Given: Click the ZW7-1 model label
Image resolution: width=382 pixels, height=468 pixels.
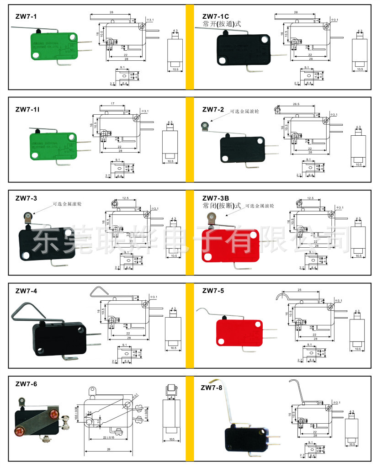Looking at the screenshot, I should (26, 17).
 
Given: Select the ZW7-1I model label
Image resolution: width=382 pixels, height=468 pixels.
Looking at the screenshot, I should (27, 109).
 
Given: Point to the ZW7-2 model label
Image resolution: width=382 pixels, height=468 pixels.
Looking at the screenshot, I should (213, 109).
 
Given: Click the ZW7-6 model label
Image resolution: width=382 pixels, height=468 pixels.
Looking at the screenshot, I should (26, 383).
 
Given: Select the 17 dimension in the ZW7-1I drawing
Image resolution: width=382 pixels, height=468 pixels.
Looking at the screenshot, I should (112, 104).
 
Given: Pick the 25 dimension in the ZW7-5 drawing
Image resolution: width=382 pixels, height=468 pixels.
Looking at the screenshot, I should (298, 290).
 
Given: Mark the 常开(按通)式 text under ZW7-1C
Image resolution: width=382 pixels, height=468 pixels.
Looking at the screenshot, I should (222, 24).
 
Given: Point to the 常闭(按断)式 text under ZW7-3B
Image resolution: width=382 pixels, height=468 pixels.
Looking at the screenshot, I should (222, 206).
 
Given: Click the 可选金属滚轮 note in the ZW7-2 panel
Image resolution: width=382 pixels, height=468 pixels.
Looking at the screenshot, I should (244, 111).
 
